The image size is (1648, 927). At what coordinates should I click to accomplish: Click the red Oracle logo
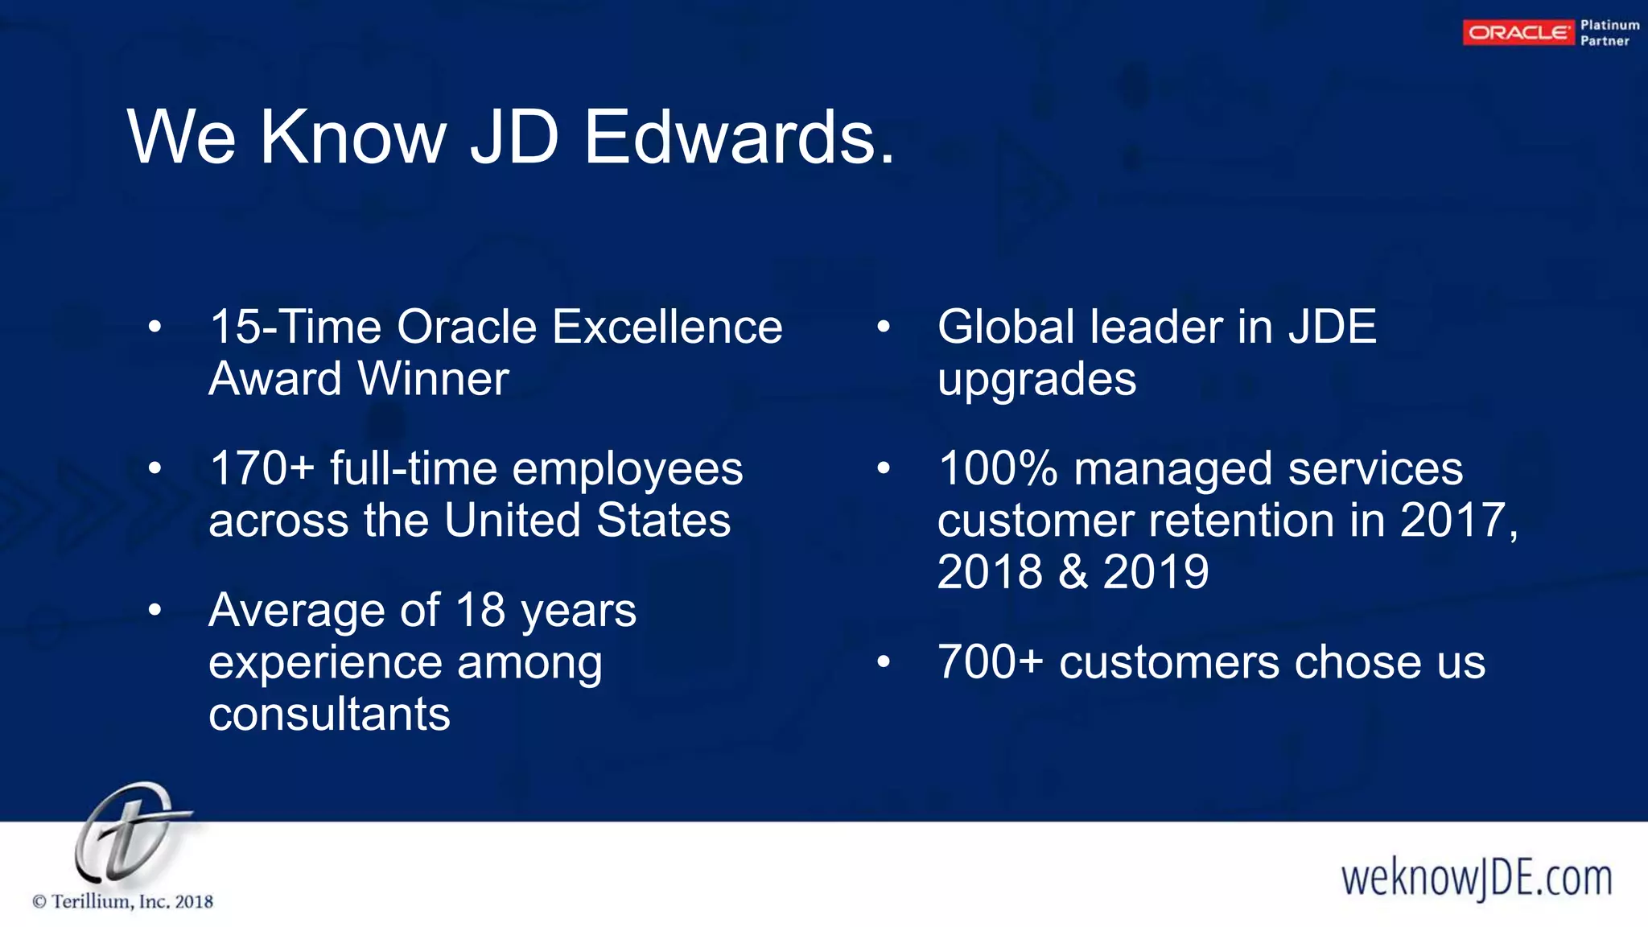(x=1518, y=33)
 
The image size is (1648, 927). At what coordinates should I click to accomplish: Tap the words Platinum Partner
(x=1609, y=33)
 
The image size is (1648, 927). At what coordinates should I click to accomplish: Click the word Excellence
(x=667, y=328)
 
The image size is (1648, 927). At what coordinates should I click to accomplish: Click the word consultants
(x=329, y=715)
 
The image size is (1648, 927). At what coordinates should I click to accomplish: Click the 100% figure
(x=997, y=469)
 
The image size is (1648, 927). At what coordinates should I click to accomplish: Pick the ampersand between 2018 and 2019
(x=1073, y=572)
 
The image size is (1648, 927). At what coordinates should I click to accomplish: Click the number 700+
(x=991, y=662)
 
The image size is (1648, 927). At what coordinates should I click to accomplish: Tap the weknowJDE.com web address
(x=1477, y=878)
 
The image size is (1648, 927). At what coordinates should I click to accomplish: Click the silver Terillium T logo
(x=129, y=833)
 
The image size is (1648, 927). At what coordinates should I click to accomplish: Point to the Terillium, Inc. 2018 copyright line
(x=123, y=902)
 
